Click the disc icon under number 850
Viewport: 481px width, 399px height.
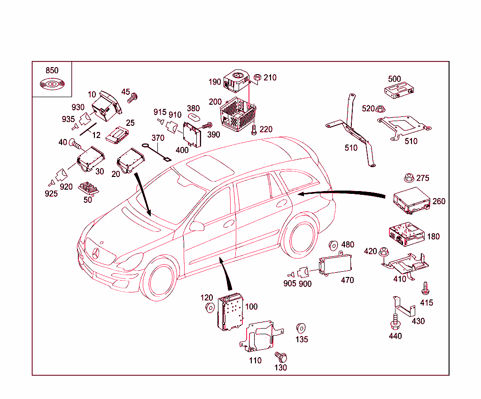click(x=52, y=84)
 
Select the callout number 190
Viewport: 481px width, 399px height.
click(x=215, y=82)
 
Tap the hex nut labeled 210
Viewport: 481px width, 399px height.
click(x=257, y=77)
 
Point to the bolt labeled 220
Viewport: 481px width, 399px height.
click(x=254, y=130)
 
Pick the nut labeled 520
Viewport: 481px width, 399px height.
click(x=380, y=109)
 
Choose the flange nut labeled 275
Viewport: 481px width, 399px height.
click(x=408, y=178)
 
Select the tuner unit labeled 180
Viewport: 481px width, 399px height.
click(x=405, y=233)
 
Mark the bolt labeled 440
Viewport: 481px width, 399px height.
click(x=395, y=322)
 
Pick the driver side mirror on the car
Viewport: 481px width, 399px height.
click(x=197, y=226)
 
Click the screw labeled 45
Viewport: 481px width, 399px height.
click(x=133, y=98)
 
